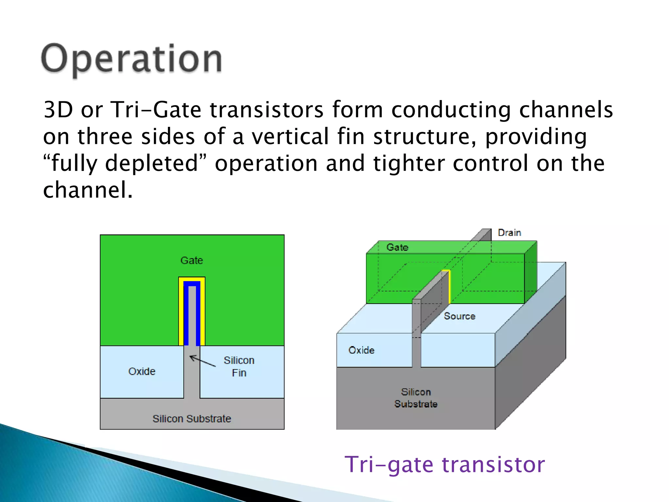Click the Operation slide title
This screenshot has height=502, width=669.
tap(131, 59)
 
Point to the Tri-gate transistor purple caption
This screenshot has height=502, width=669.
tap(445, 464)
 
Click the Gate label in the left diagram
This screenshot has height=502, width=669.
tap(192, 260)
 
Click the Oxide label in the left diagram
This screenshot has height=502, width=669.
tap(142, 372)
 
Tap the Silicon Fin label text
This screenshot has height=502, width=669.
tap(239, 366)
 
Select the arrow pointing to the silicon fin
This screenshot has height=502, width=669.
tap(203, 361)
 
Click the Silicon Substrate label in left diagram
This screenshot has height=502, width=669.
tap(192, 419)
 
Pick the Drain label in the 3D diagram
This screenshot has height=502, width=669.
tap(509, 233)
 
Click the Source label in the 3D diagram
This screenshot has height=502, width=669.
tap(459, 316)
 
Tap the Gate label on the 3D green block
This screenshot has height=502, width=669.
tap(397, 247)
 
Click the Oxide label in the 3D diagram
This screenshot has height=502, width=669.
tap(361, 350)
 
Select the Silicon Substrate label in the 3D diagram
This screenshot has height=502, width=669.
tap(416, 398)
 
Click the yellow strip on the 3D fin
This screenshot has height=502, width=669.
tap(449, 286)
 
